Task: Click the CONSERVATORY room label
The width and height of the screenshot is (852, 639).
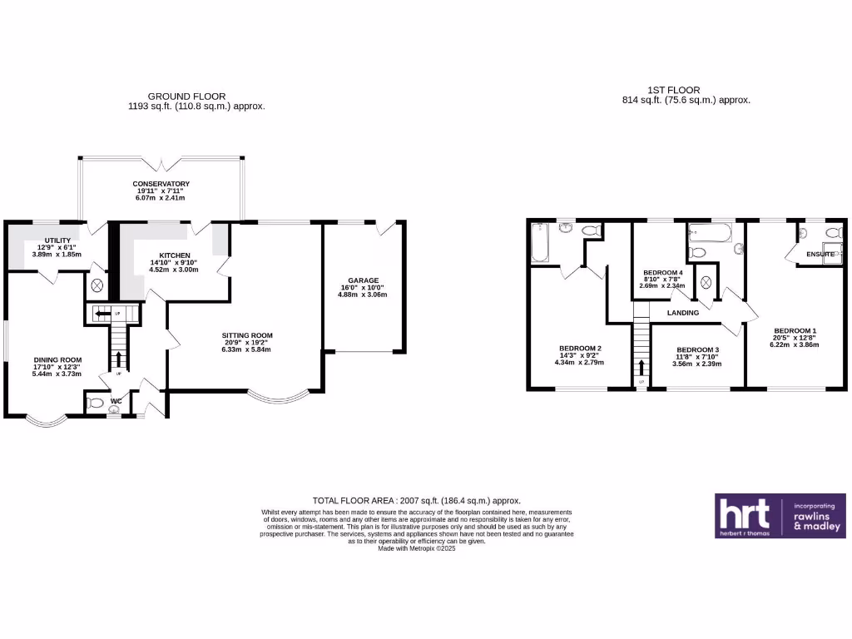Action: tap(161, 184)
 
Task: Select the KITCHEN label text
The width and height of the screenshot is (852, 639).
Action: tap(171, 255)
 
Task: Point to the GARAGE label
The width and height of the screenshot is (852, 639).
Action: tap(364, 281)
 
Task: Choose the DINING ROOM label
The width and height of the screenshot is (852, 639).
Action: tap(52, 360)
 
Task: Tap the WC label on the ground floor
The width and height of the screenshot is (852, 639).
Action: tap(116, 401)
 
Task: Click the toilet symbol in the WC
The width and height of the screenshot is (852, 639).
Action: tap(96, 404)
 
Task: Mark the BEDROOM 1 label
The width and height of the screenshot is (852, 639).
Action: tap(795, 330)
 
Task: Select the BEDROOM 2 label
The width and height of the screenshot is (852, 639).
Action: tap(580, 348)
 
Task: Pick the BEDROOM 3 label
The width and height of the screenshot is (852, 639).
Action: tap(697, 349)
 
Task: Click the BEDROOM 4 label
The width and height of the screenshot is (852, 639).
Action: tap(663, 272)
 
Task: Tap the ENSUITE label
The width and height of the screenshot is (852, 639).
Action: tap(820, 254)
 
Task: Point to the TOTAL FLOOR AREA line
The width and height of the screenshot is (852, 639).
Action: tap(416, 500)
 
